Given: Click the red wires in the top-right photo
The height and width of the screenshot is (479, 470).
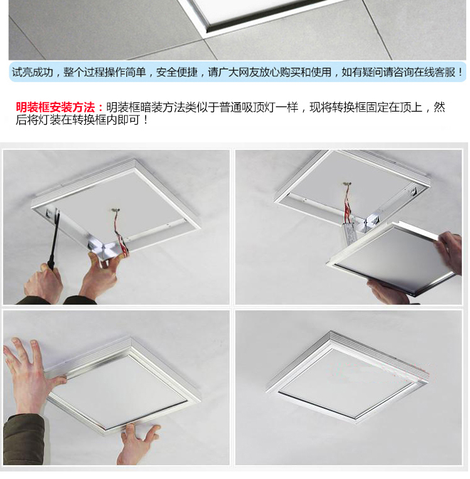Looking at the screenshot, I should pos(349,204).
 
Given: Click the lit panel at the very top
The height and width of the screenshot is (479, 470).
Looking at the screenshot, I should pos(264,9).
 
